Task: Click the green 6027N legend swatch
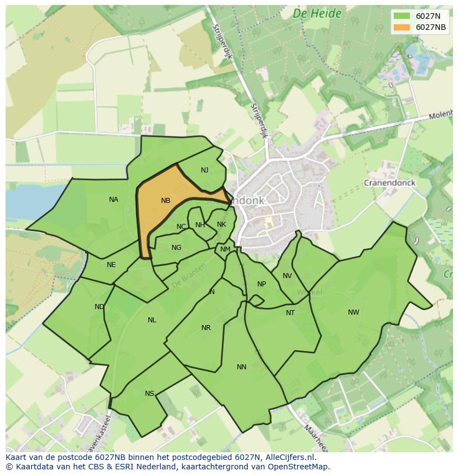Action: (x=402, y=17)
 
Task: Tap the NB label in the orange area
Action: (x=165, y=201)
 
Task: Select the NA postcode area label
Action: (x=113, y=200)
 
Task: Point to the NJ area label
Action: (x=205, y=170)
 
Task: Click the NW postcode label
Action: (x=353, y=312)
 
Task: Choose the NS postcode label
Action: (x=149, y=394)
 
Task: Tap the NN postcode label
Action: (x=242, y=367)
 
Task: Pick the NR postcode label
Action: (x=206, y=328)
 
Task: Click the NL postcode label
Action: (x=152, y=320)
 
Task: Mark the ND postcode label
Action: (x=100, y=307)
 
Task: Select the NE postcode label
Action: (x=111, y=265)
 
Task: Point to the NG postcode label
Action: (x=176, y=248)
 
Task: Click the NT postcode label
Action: (x=290, y=313)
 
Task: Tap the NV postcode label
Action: (x=287, y=276)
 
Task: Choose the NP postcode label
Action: (x=262, y=284)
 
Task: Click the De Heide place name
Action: (x=317, y=14)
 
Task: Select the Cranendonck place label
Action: (x=389, y=182)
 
